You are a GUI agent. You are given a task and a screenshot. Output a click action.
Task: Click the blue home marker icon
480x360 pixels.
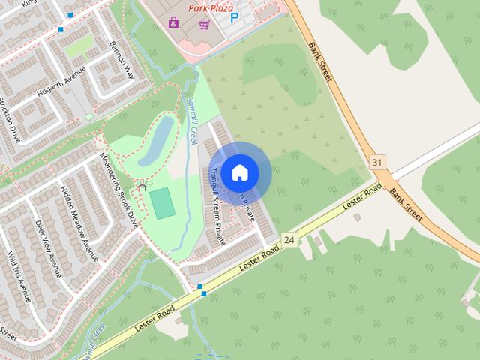pyautogui.click(x=239, y=172)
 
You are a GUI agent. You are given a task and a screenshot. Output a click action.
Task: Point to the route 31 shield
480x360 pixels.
pyautogui.click(x=376, y=162)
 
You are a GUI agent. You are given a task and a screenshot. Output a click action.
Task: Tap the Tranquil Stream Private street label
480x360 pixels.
pyautogui.click(x=217, y=205)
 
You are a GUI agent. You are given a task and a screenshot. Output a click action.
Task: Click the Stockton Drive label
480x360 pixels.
pyautogui.click(x=9, y=121)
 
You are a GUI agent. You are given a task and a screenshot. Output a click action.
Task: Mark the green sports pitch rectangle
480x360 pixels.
pyautogui.click(x=162, y=203)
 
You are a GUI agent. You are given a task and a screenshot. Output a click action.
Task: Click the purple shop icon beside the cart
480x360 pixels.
pyautogui.click(x=174, y=22)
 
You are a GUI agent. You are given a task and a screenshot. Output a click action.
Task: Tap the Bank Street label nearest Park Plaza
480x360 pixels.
pyautogui.click(x=321, y=67)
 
